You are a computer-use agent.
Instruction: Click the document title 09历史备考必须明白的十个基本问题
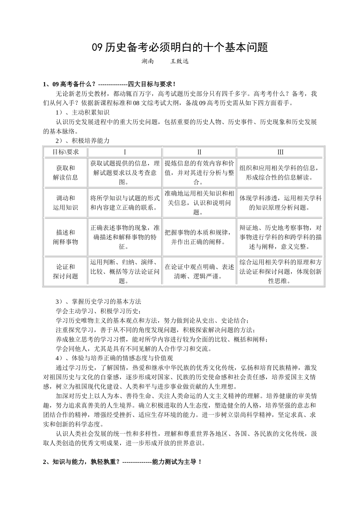click(x=180, y=48)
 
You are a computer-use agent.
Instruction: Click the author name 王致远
click(x=180, y=61)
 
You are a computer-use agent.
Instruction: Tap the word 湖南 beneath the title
click(x=147, y=61)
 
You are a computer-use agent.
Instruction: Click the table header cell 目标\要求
click(x=65, y=152)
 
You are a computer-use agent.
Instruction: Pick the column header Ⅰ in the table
click(x=125, y=152)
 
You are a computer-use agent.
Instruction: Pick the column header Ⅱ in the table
click(x=199, y=152)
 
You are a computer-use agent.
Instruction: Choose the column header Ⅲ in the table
click(x=280, y=152)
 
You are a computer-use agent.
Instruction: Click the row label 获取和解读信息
click(x=65, y=172)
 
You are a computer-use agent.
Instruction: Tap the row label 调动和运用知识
click(x=65, y=203)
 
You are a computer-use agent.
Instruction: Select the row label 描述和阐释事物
click(x=65, y=237)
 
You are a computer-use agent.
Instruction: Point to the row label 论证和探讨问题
click(x=65, y=272)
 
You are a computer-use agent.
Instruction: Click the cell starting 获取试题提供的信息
click(x=125, y=172)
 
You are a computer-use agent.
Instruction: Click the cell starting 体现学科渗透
click(x=280, y=203)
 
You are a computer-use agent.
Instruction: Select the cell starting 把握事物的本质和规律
click(x=199, y=237)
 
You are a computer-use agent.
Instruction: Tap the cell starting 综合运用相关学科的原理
click(x=280, y=272)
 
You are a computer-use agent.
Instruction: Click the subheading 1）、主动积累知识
click(x=82, y=112)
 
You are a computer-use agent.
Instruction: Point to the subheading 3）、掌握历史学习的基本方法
click(x=98, y=302)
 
